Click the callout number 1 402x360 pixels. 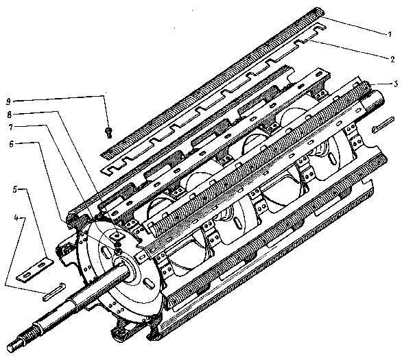click(x=390, y=34)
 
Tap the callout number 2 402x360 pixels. click(x=392, y=60)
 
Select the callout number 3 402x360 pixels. click(x=396, y=84)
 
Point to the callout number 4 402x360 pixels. click(x=16, y=218)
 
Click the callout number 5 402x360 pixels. click(x=15, y=190)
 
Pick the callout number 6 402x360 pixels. click(x=11, y=144)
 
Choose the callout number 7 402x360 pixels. click(x=11, y=127)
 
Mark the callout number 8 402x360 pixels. click(x=10, y=115)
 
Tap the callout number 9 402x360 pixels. click(x=9, y=101)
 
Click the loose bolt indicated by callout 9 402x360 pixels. click(x=108, y=132)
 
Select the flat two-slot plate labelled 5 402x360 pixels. click(x=35, y=271)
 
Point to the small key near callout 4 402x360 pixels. click(x=54, y=291)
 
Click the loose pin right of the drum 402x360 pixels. click(x=383, y=125)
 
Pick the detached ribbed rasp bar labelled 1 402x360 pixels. click(x=212, y=84)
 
